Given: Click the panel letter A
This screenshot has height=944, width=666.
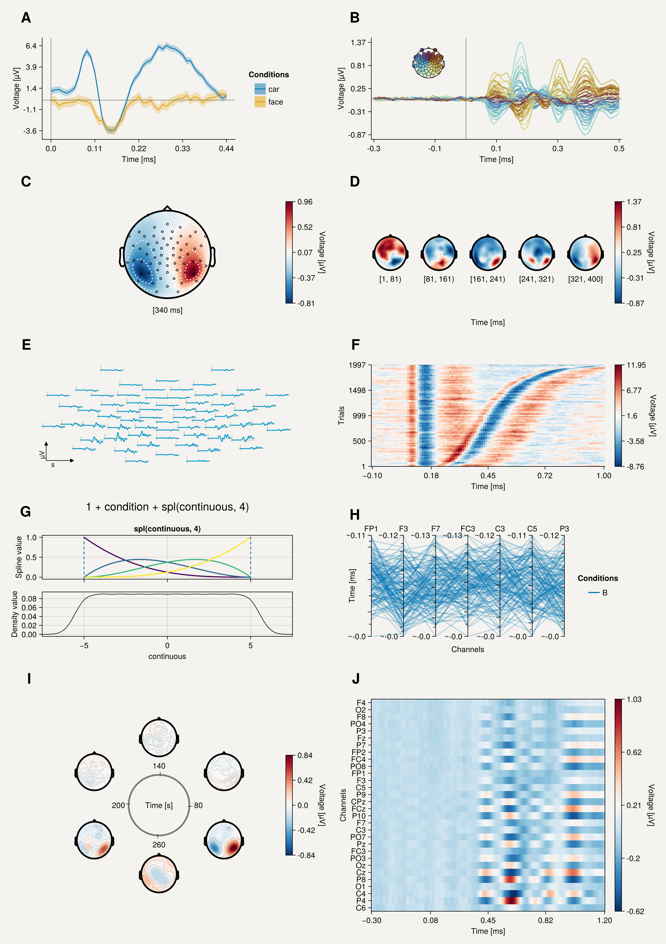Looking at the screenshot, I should [26, 18].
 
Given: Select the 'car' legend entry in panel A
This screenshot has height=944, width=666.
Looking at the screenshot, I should [273, 89].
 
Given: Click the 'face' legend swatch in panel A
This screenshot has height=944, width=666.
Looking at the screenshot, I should [260, 102].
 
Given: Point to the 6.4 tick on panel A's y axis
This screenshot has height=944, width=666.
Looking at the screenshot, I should [31, 46].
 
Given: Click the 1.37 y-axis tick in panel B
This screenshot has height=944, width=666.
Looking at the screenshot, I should [358, 42].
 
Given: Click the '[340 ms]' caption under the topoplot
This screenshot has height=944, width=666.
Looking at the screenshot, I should [167, 310].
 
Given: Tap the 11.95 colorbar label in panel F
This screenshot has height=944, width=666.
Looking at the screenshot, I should [636, 365].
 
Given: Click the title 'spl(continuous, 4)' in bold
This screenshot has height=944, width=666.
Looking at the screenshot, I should [167, 529].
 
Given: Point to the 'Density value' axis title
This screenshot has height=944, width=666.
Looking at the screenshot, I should [14, 614].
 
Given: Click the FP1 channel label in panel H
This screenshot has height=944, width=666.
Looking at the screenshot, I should [371, 529].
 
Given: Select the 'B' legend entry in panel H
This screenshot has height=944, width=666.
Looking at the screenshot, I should [604, 592].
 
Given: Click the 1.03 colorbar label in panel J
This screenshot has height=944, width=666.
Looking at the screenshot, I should [634, 699].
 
